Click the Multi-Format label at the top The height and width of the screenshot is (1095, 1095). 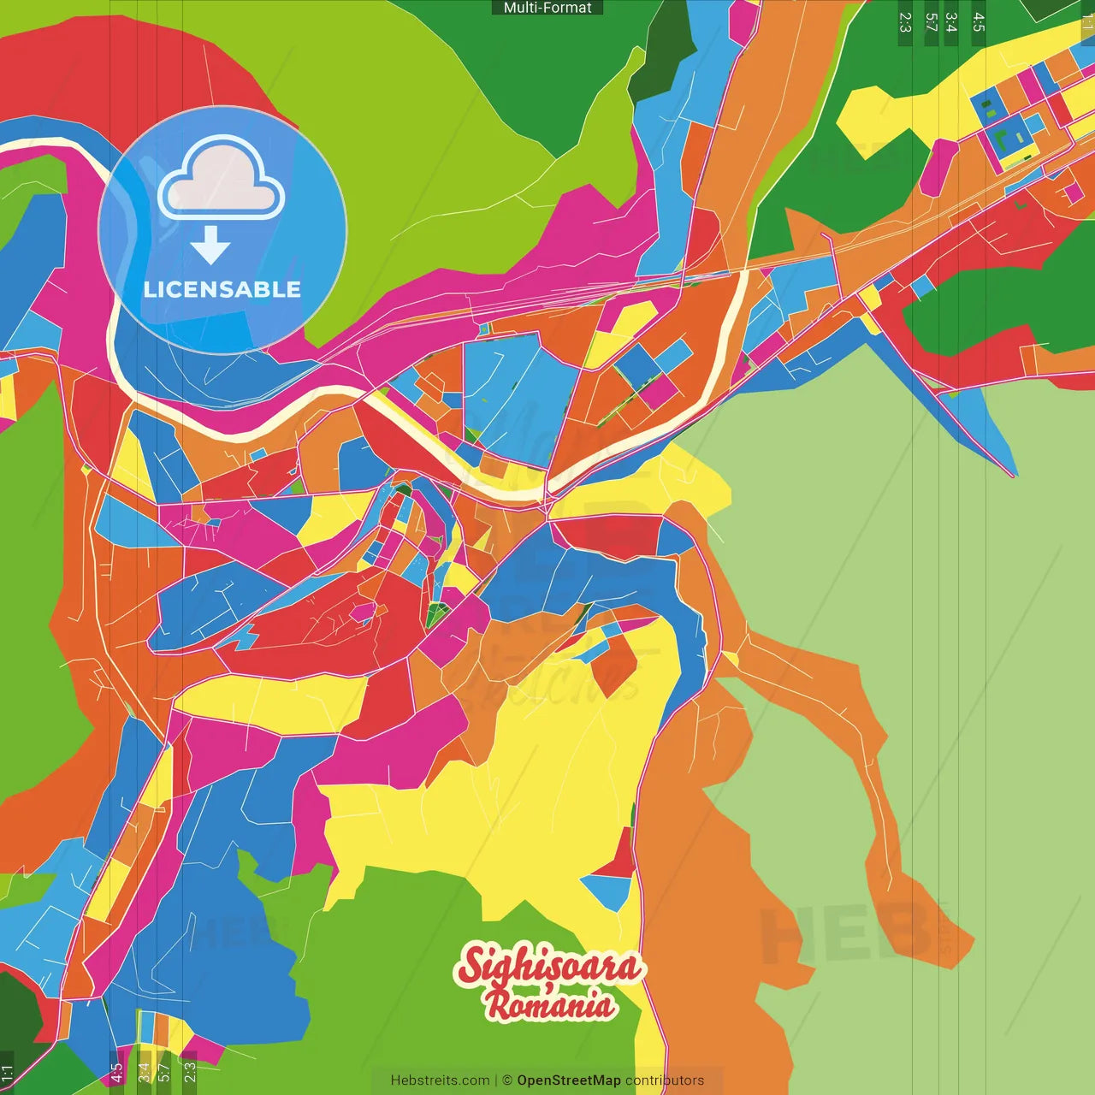(x=547, y=8)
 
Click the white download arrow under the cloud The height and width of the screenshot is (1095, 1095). (x=210, y=246)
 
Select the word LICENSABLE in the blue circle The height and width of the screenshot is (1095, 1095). (x=222, y=290)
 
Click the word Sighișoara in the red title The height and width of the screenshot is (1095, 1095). (x=550, y=967)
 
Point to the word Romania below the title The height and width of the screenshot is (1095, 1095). (x=550, y=1004)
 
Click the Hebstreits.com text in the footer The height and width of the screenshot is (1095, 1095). (x=440, y=1080)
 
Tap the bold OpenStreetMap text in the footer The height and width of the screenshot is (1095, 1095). (x=568, y=1080)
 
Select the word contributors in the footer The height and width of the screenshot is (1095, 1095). (x=664, y=1080)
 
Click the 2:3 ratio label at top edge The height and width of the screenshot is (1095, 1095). (x=905, y=22)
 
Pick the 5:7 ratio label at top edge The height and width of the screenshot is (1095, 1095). (x=932, y=22)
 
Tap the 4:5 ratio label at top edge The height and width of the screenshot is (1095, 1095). (x=979, y=22)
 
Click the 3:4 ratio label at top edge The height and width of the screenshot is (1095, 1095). (x=951, y=22)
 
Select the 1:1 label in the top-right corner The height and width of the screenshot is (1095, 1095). (x=1087, y=22)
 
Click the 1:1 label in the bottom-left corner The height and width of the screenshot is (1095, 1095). (x=7, y=1073)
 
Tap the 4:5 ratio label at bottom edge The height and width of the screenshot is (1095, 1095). (x=116, y=1073)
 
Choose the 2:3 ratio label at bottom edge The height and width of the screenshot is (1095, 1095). (x=190, y=1073)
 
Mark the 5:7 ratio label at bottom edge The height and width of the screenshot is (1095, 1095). (x=163, y=1073)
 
